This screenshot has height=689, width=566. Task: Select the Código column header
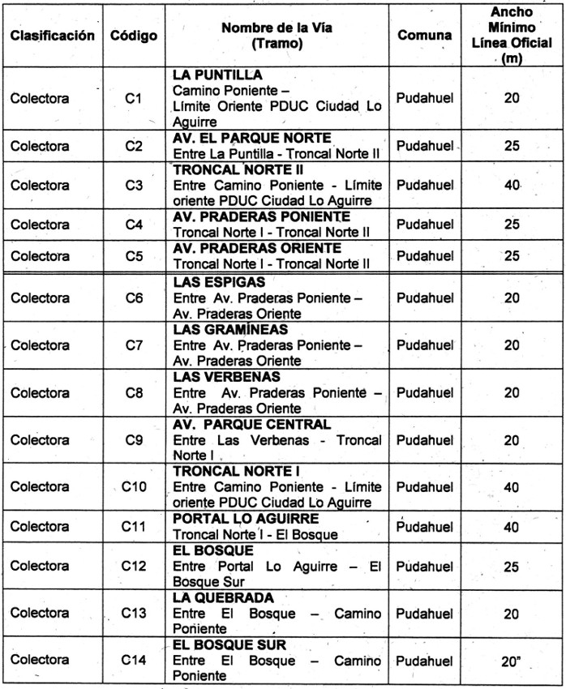tap(135, 37)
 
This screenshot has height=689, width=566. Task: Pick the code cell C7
tap(135, 344)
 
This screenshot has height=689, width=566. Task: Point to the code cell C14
tap(135, 661)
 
